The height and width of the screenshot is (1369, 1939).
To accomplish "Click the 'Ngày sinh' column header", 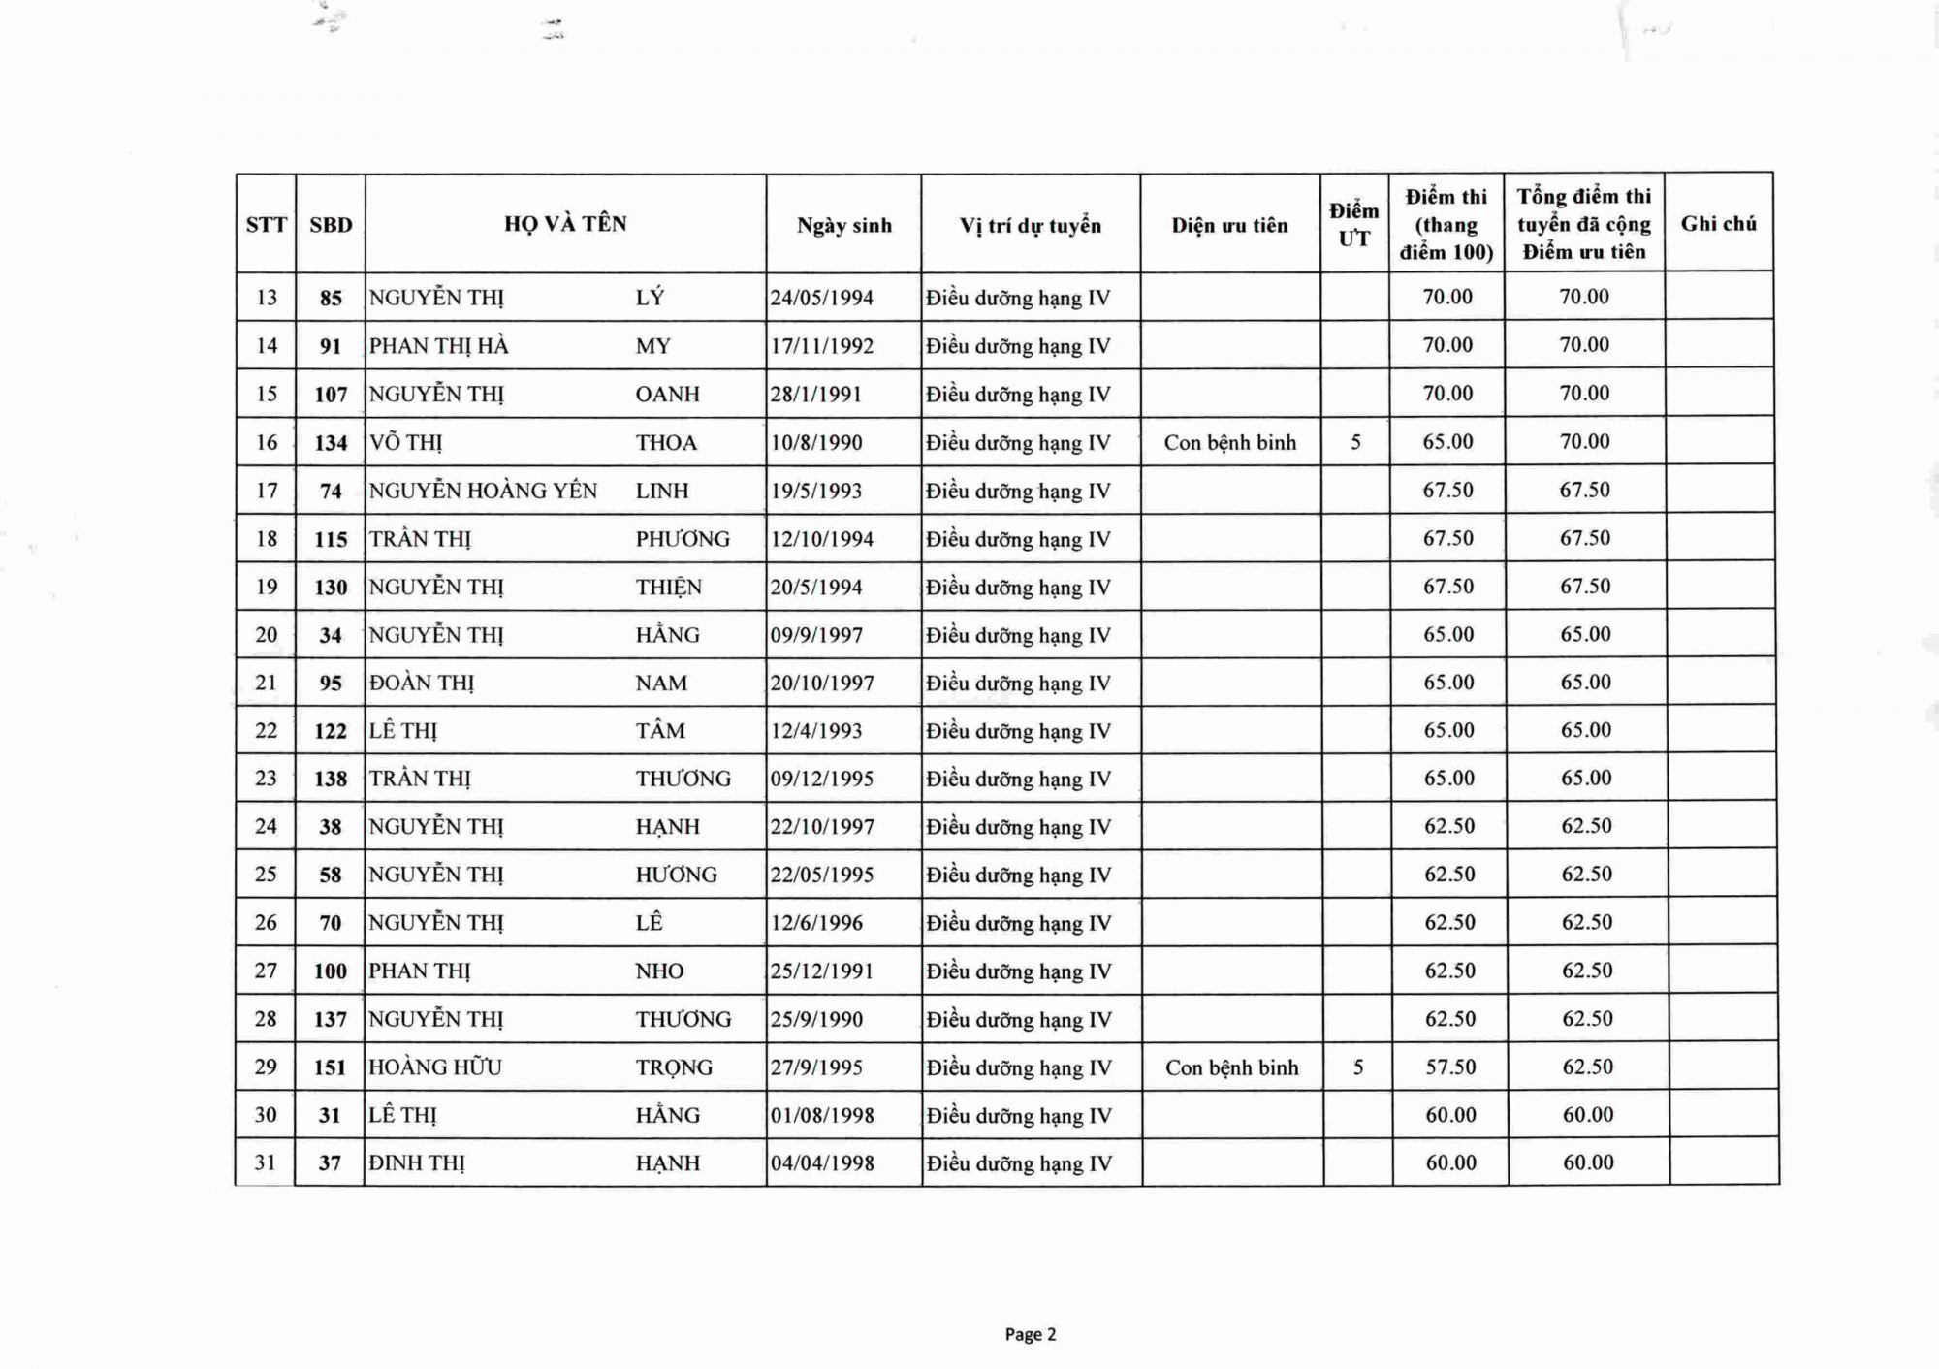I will [x=843, y=226].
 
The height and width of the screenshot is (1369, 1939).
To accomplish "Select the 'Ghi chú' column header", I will [x=1718, y=224].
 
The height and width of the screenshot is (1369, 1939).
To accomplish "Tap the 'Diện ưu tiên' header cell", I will [x=1229, y=226].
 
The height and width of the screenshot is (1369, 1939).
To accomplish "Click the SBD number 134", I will [x=331, y=443].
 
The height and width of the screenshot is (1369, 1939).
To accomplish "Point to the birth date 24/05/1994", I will [x=822, y=298].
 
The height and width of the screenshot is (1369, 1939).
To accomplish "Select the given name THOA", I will [x=666, y=443].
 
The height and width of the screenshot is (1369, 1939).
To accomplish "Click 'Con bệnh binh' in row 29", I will [x=1231, y=1067].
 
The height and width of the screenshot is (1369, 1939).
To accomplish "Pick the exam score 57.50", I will [x=1450, y=1067].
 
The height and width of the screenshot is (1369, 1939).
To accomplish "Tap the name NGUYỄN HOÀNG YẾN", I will [x=483, y=491].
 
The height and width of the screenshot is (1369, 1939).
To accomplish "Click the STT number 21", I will [x=266, y=683].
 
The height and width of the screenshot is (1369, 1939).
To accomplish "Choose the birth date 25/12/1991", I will [x=822, y=971].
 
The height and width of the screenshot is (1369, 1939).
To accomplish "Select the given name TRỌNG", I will [x=674, y=1067].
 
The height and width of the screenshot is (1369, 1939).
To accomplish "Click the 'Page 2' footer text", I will [x=1031, y=1335].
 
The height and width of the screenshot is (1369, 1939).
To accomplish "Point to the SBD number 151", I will [x=330, y=1067].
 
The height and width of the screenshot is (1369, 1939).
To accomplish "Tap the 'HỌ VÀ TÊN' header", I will [x=565, y=224].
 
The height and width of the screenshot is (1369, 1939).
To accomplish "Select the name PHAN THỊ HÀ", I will [x=439, y=346].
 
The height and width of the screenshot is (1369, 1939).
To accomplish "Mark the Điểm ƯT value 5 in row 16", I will [x=1355, y=443].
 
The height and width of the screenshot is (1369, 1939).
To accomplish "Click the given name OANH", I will [x=667, y=395].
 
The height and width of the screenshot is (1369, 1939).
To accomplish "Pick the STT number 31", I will [x=265, y=1162].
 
